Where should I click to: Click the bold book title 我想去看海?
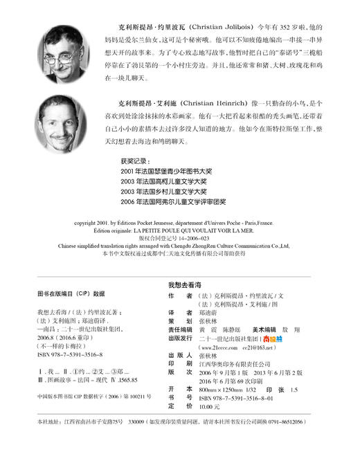coord(183,284)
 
